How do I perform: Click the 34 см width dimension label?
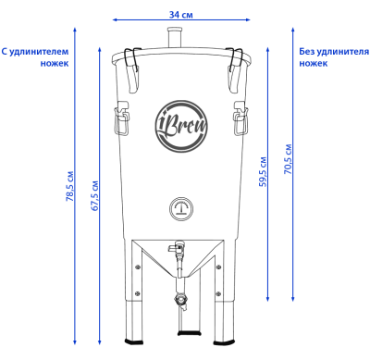(181, 15)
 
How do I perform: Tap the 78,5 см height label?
(70, 186)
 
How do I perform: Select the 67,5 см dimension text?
(95, 196)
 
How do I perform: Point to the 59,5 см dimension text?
(263, 172)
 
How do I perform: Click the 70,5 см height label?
(288, 159)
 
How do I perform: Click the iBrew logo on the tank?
(181, 126)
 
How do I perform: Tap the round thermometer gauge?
(181, 208)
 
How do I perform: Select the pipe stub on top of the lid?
(175, 38)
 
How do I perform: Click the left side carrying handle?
(122, 118)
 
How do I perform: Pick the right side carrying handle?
(240, 118)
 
